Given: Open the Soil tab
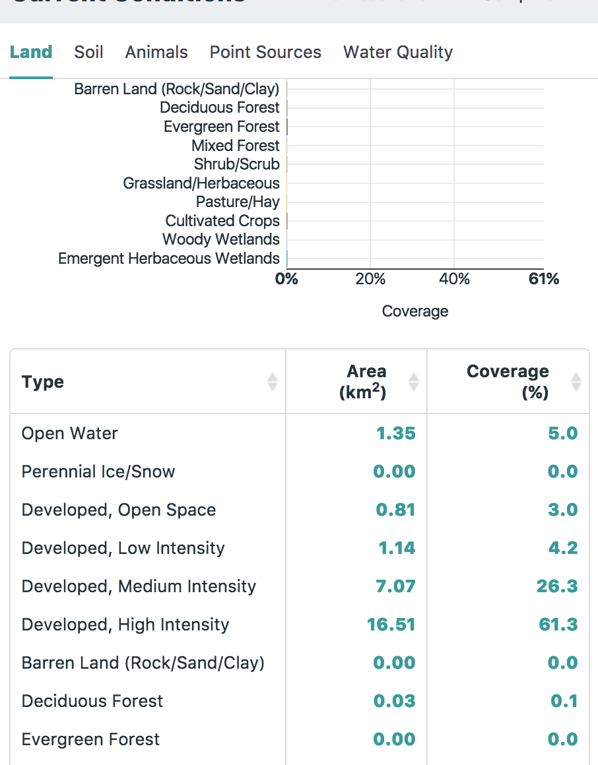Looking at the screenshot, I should click(88, 52).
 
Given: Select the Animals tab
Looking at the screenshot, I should click(156, 52).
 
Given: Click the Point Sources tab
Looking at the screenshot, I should click(265, 52).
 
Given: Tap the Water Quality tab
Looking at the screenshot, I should click(398, 52).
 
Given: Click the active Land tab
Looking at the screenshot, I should click(31, 52).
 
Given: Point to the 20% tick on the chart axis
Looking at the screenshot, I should click(370, 279).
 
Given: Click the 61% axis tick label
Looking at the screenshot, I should click(544, 279).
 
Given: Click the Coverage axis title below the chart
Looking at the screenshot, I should click(415, 311).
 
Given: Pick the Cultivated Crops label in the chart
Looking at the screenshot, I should click(222, 221).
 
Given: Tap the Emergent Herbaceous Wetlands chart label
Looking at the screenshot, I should click(169, 259).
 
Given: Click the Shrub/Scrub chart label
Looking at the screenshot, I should click(237, 164).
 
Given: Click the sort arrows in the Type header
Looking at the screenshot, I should click(273, 382).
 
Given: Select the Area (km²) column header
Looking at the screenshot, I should click(363, 381).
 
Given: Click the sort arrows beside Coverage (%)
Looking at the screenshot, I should click(576, 382).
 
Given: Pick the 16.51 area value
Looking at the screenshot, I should click(391, 625).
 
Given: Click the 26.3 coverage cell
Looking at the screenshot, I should click(557, 586).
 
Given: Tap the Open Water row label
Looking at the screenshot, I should click(70, 433).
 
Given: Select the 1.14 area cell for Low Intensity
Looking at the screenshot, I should click(397, 548).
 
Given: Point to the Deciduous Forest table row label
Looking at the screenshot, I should click(92, 701).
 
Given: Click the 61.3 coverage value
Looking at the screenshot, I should click(558, 625).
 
